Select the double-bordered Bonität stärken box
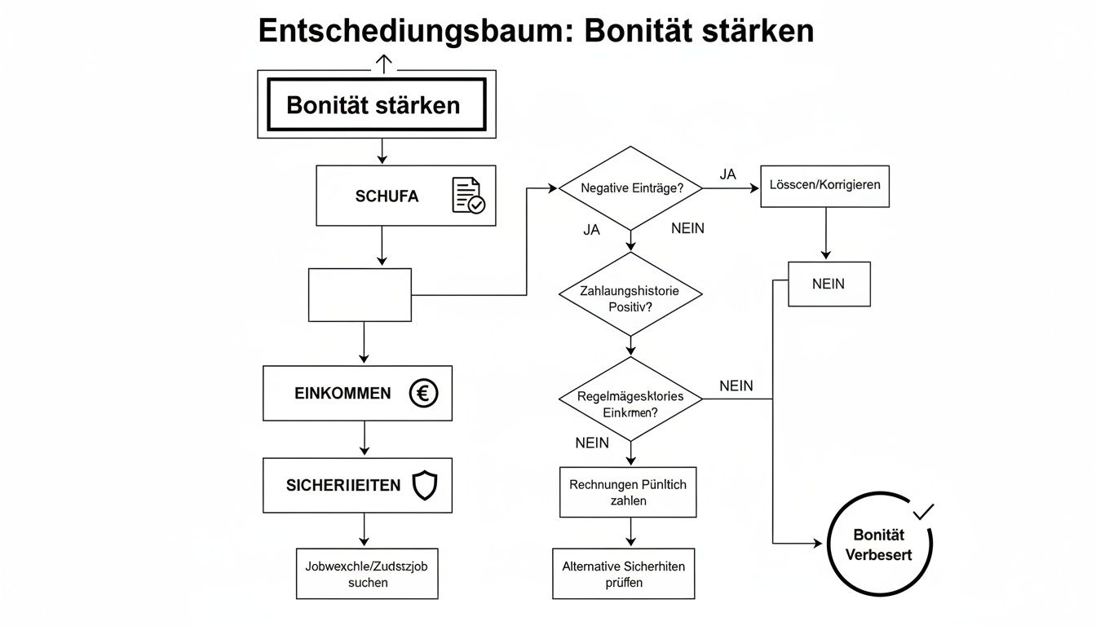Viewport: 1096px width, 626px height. click(376, 104)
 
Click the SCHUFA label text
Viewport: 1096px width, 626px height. click(387, 196)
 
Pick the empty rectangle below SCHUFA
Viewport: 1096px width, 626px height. click(360, 294)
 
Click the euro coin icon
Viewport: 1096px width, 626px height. click(423, 394)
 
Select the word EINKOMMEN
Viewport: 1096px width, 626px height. click(342, 394)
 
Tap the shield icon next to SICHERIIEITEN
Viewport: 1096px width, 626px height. click(425, 486)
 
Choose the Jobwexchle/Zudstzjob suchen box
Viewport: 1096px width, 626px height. click(367, 574)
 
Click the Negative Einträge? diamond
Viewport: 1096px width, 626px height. click(630, 188)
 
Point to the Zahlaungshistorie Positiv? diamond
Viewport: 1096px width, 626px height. click(630, 298)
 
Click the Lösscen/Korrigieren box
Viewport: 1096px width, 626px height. click(824, 185)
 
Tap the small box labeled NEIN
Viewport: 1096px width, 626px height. click(829, 284)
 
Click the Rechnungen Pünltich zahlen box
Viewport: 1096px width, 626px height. click(628, 492)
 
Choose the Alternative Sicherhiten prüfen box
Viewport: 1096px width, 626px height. click(624, 574)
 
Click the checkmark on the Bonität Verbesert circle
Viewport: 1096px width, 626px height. click(924, 513)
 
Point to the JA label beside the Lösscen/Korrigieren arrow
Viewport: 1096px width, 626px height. click(727, 174)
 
